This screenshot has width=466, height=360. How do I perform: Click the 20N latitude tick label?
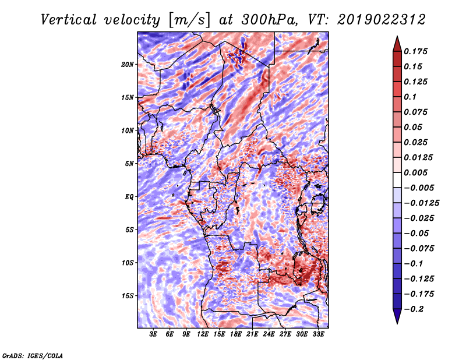[x=128, y=64]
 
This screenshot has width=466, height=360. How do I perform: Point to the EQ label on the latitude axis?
[x=129, y=196]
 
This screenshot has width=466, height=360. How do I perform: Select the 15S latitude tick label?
[x=128, y=295]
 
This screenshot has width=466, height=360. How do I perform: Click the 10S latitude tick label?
[x=128, y=263]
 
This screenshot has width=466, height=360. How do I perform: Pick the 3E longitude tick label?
[x=154, y=334]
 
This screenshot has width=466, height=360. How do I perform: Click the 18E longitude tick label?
[x=236, y=334]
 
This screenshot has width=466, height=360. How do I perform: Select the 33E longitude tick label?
[x=318, y=334]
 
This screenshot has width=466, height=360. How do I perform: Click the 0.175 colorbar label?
[x=416, y=51]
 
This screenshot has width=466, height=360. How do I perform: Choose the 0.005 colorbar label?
[x=416, y=172]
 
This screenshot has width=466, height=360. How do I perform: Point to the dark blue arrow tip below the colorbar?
[x=397, y=319]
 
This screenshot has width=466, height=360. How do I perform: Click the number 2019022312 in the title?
[x=381, y=19]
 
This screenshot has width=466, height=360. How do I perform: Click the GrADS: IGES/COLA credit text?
[x=33, y=355]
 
